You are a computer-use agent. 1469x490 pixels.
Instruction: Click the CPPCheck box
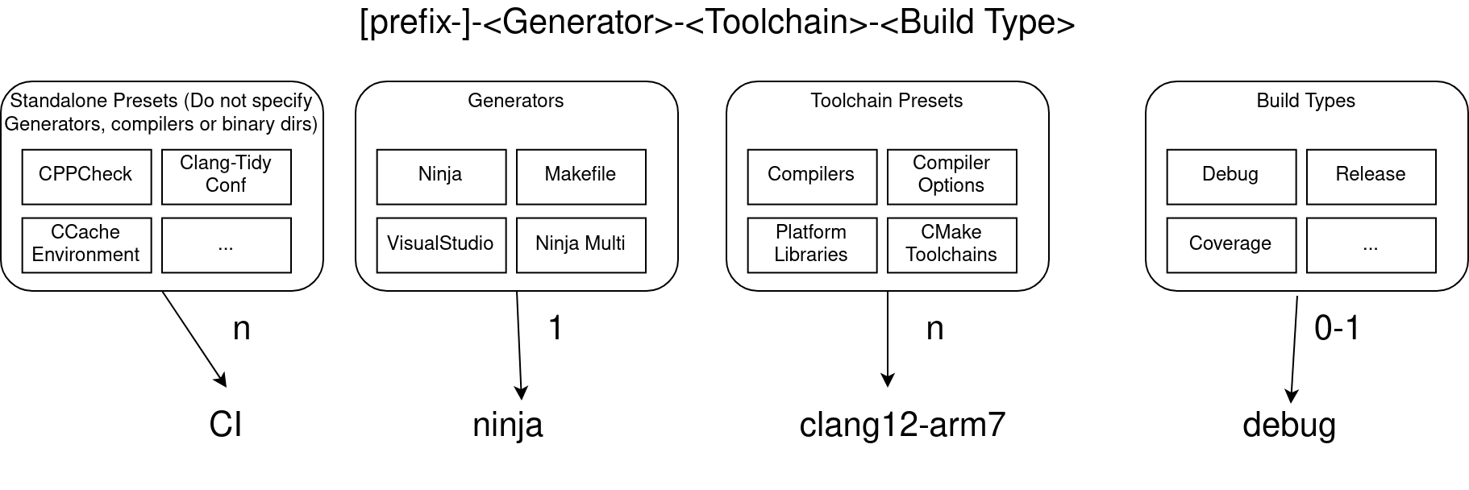click(86, 176)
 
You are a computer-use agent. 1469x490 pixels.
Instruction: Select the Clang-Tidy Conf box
click(226, 176)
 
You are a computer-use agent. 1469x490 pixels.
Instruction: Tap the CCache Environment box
click(86, 244)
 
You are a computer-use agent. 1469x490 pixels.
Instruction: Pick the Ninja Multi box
click(581, 244)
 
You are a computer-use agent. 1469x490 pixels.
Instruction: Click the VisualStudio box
click(441, 244)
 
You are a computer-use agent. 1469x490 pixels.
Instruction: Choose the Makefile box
click(581, 176)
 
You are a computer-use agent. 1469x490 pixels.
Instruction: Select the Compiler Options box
click(951, 176)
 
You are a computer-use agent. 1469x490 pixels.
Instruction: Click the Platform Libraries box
click(812, 244)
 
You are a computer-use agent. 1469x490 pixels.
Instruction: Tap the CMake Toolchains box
click(951, 244)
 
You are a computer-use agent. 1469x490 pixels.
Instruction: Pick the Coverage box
click(1231, 244)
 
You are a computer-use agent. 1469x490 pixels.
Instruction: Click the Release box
click(1371, 176)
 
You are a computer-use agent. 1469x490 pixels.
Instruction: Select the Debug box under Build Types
click(1231, 176)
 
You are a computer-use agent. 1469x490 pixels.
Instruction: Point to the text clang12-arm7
click(902, 425)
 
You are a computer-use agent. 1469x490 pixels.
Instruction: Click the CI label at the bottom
click(226, 425)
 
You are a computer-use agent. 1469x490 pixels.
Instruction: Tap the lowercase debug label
click(1289, 425)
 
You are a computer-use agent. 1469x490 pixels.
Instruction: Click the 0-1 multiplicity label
click(1337, 328)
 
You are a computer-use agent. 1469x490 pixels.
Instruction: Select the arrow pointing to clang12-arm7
click(888, 338)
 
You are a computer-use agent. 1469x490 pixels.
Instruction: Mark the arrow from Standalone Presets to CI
click(194, 338)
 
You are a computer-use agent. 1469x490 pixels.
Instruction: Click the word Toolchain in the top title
click(777, 22)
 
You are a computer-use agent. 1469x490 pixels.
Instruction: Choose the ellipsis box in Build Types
click(1371, 244)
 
